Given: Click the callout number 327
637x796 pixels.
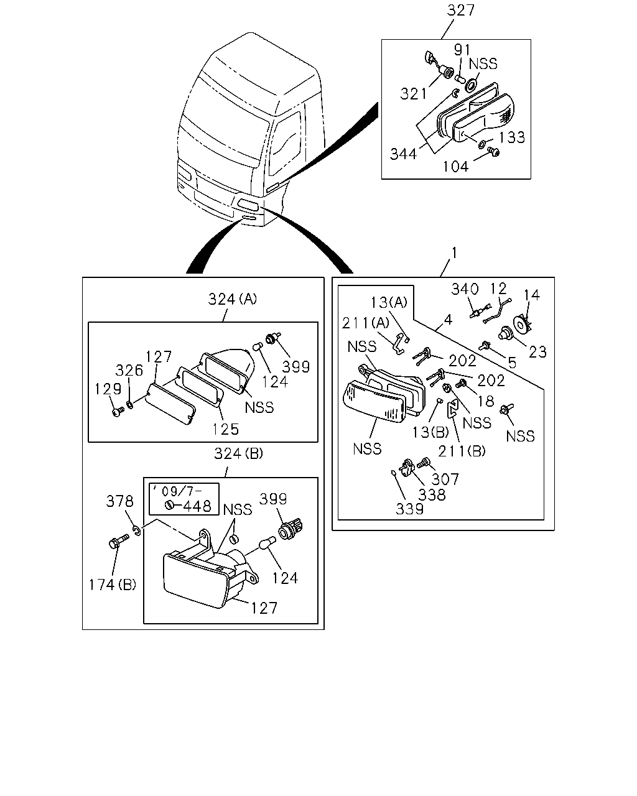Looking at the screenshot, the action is coord(460,11).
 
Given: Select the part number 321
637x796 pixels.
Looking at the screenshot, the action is coord(414,94).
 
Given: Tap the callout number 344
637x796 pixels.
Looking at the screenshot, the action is coord(404,154).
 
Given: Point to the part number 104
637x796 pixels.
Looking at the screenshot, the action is coord(455,167).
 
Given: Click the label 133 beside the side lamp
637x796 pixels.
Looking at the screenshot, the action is coord(512,137).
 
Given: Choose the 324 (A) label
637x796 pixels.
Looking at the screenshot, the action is coord(233,299).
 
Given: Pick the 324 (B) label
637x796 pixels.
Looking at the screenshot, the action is coord(238,453).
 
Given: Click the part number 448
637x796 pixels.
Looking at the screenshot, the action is coord(197,506).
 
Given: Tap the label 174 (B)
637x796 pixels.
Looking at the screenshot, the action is coord(113,585).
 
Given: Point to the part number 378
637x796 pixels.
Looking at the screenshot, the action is coord(119,501).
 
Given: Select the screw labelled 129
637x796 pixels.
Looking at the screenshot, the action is coord(118,412).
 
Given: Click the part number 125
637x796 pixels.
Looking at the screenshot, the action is coord(225,430).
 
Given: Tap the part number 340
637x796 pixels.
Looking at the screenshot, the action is coord(465,289).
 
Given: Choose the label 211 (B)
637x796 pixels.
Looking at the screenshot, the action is coord(462,451).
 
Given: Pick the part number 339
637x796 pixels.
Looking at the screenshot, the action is coord(409,509).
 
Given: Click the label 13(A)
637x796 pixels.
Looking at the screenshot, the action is coord(389,302).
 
